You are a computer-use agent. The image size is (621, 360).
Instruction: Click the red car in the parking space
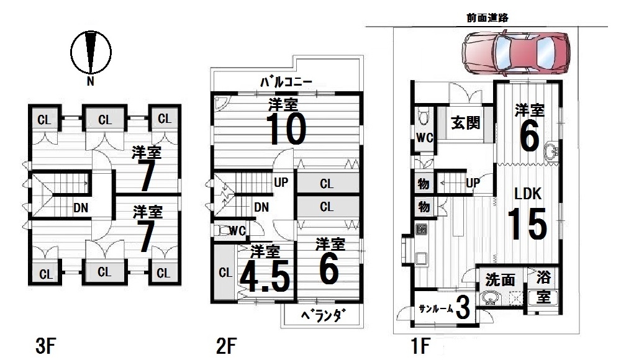tap(516, 53)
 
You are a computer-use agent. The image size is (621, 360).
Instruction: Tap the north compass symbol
tap(91, 53)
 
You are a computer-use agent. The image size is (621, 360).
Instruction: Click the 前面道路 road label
tap(487, 18)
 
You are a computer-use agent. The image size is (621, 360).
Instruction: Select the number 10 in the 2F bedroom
tap(286, 128)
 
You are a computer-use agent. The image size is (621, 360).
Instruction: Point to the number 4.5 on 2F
tap(265, 276)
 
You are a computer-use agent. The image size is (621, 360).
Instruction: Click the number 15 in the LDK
tap(527, 224)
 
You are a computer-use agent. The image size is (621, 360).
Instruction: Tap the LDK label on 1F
tap(527, 194)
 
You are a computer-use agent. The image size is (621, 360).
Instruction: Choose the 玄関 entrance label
tap(465, 123)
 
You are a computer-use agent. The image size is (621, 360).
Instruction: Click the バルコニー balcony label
tap(286, 82)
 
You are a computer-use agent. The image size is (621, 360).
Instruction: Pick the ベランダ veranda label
tap(323, 316)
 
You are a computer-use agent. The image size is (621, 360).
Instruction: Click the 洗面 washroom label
tap(500, 280)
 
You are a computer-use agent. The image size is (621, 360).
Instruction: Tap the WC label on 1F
tap(424, 138)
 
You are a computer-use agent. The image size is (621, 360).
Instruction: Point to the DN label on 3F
tap(80, 208)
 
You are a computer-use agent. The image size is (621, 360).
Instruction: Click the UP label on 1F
tap(473, 183)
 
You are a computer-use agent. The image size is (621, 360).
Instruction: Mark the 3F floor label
tap(45, 346)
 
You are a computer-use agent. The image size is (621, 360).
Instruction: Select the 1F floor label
tap(420, 345)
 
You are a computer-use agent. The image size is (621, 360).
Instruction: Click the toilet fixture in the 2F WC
tap(222, 230)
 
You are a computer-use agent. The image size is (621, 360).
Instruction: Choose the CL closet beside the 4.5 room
tap(225, 272)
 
